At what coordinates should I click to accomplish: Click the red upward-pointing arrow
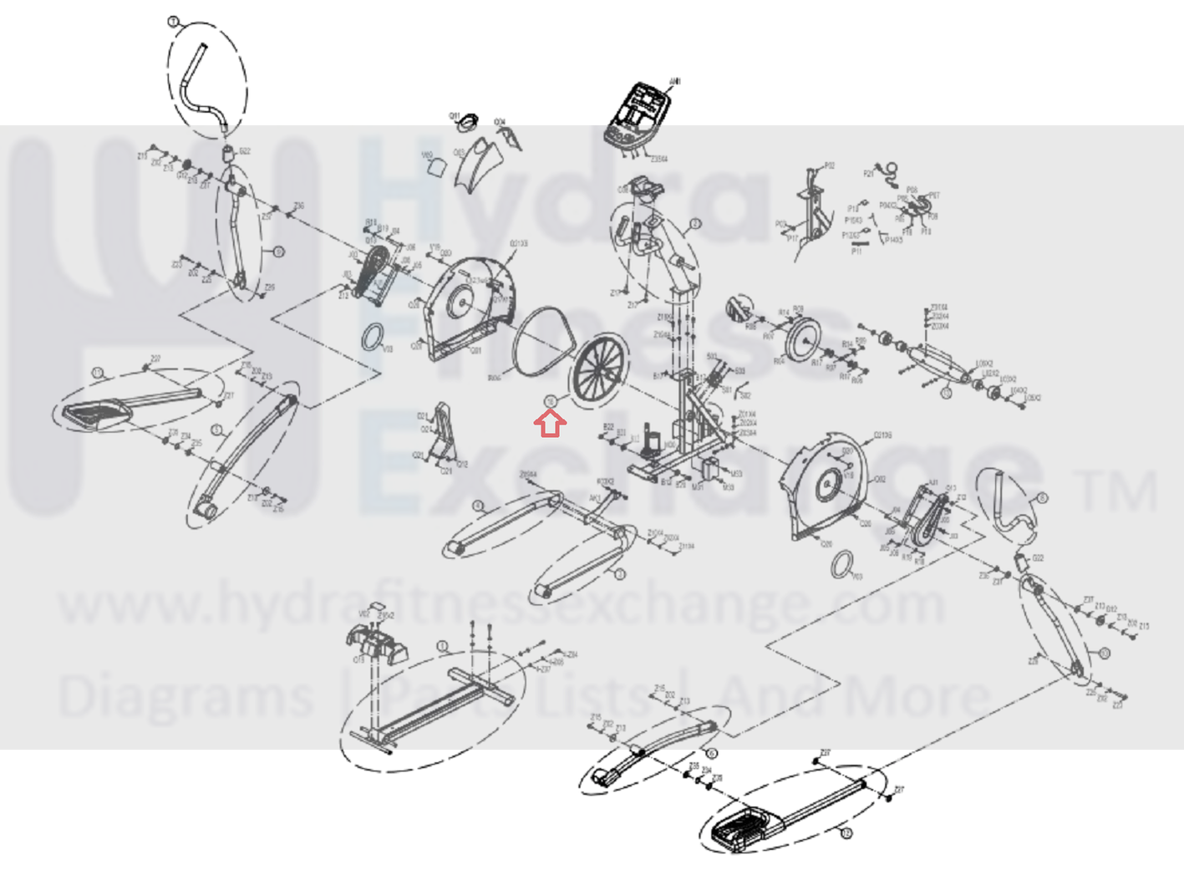pos(550,425)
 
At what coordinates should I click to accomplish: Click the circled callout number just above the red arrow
pos(550,402)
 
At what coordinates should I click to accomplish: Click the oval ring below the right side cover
pos(842,566)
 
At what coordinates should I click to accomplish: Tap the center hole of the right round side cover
pos(828,484)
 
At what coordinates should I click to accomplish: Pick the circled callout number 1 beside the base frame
pos(443,647)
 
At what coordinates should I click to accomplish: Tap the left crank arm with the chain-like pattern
pos(372,272)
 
